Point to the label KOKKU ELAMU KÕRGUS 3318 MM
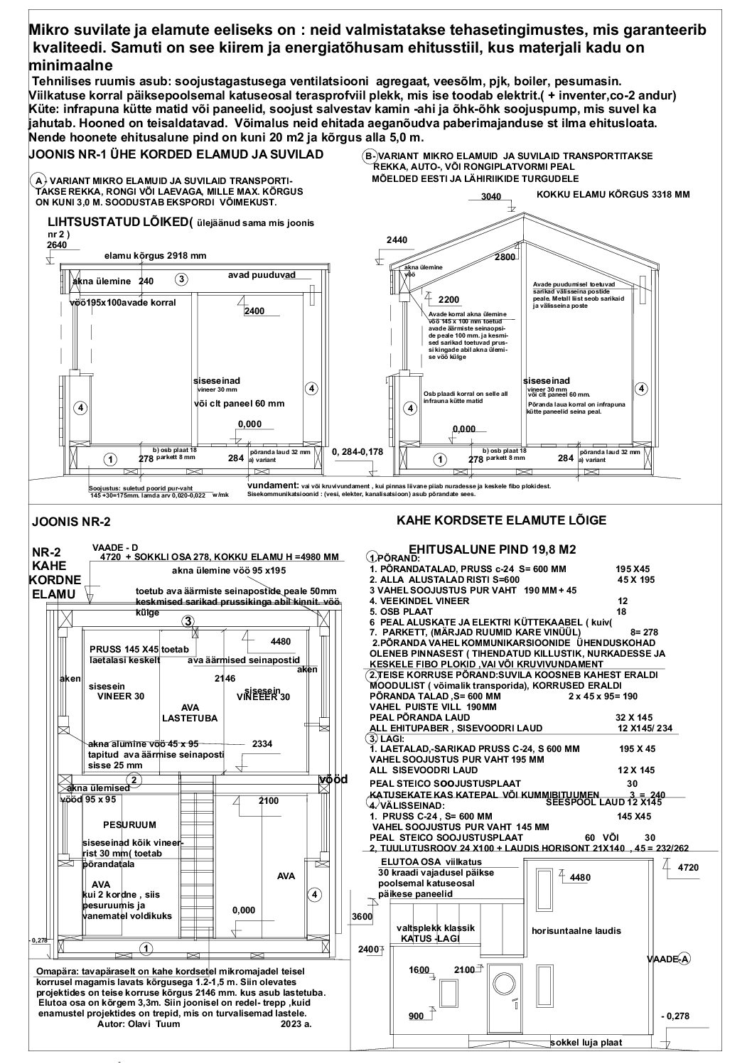[x=613, y=194]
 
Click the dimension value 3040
[x=491, y=197]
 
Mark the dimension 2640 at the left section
[x=56, y=245]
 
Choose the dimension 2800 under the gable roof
[x=505, y=257]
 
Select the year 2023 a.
[x=296, y=1024]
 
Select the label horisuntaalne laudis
[x=576, y=930]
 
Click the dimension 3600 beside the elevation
[x=362, y=918]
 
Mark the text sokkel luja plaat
[x=586, y=1043]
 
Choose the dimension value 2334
[x=263, y=743]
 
